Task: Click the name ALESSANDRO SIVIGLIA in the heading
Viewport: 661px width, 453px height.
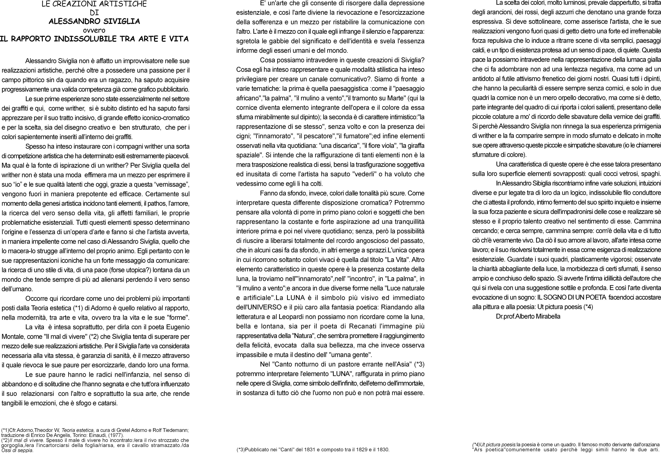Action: (x=94, y=21)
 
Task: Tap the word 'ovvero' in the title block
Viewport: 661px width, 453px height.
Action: (x=94, y=30)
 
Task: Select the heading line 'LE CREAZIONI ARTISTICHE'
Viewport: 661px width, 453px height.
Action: (x=94, y=4)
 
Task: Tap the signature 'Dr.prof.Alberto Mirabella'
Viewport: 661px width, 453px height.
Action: (x=528, y=316)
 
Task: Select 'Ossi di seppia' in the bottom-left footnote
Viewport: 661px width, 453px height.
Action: (x=17, y=450)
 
